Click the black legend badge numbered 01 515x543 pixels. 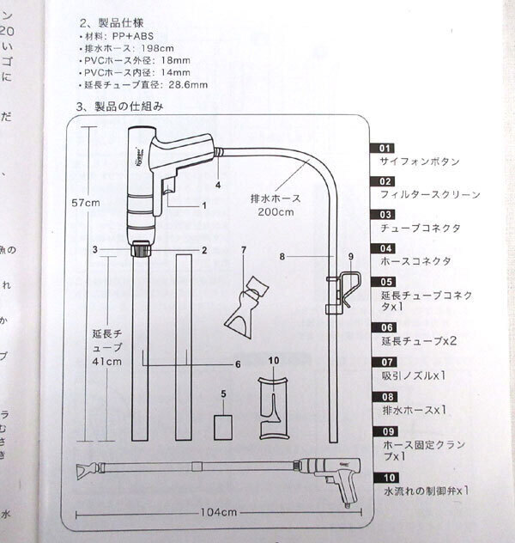pyautogui.click(x=385, y=149)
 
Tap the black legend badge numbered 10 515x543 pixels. pyautogui.click(x=385, y=477)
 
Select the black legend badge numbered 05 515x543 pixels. pyautogui.click(x=385, y=281)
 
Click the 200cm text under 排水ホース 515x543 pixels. pyautogui.click(x=279, y=211)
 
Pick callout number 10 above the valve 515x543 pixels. pyautogui.click(x=274, y=359)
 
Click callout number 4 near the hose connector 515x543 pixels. pyautogui.click(x=218, y=185)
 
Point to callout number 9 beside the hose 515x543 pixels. pyautogui.click(x=350, y=256)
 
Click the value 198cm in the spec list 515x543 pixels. pyautogui.click(x=161, y=48)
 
